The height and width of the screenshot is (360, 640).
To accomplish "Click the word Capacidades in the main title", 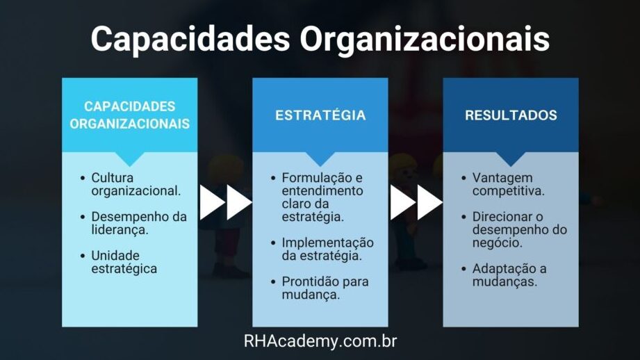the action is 190,39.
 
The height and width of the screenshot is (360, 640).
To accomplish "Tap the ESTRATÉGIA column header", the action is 320,115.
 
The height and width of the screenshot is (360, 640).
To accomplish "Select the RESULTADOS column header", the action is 511,115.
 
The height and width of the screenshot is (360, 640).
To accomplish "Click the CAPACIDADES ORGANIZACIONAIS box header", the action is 130,115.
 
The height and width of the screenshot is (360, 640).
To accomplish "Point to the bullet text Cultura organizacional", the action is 136,184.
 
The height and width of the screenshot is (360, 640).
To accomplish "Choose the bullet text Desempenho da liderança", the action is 139,223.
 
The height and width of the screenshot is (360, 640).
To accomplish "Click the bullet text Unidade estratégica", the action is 124,262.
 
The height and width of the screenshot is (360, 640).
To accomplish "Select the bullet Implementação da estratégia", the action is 327,249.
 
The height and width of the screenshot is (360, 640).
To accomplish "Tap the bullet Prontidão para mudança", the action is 325,288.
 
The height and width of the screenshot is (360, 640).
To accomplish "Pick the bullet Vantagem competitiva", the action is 508,184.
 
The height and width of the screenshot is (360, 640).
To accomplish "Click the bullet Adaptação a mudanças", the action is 509,275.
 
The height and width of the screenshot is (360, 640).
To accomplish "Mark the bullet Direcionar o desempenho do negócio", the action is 520,229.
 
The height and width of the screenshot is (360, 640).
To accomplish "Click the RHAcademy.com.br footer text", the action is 320,341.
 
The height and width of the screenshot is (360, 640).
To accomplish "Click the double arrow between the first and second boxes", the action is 226,202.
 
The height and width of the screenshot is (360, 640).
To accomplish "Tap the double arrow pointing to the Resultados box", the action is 416,202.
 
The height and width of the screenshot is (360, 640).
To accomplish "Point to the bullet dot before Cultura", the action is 83,179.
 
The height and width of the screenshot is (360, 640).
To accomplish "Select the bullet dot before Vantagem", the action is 463,179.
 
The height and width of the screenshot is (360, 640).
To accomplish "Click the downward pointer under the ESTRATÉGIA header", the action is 320,159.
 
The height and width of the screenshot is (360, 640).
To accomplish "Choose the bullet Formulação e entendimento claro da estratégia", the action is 322,197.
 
